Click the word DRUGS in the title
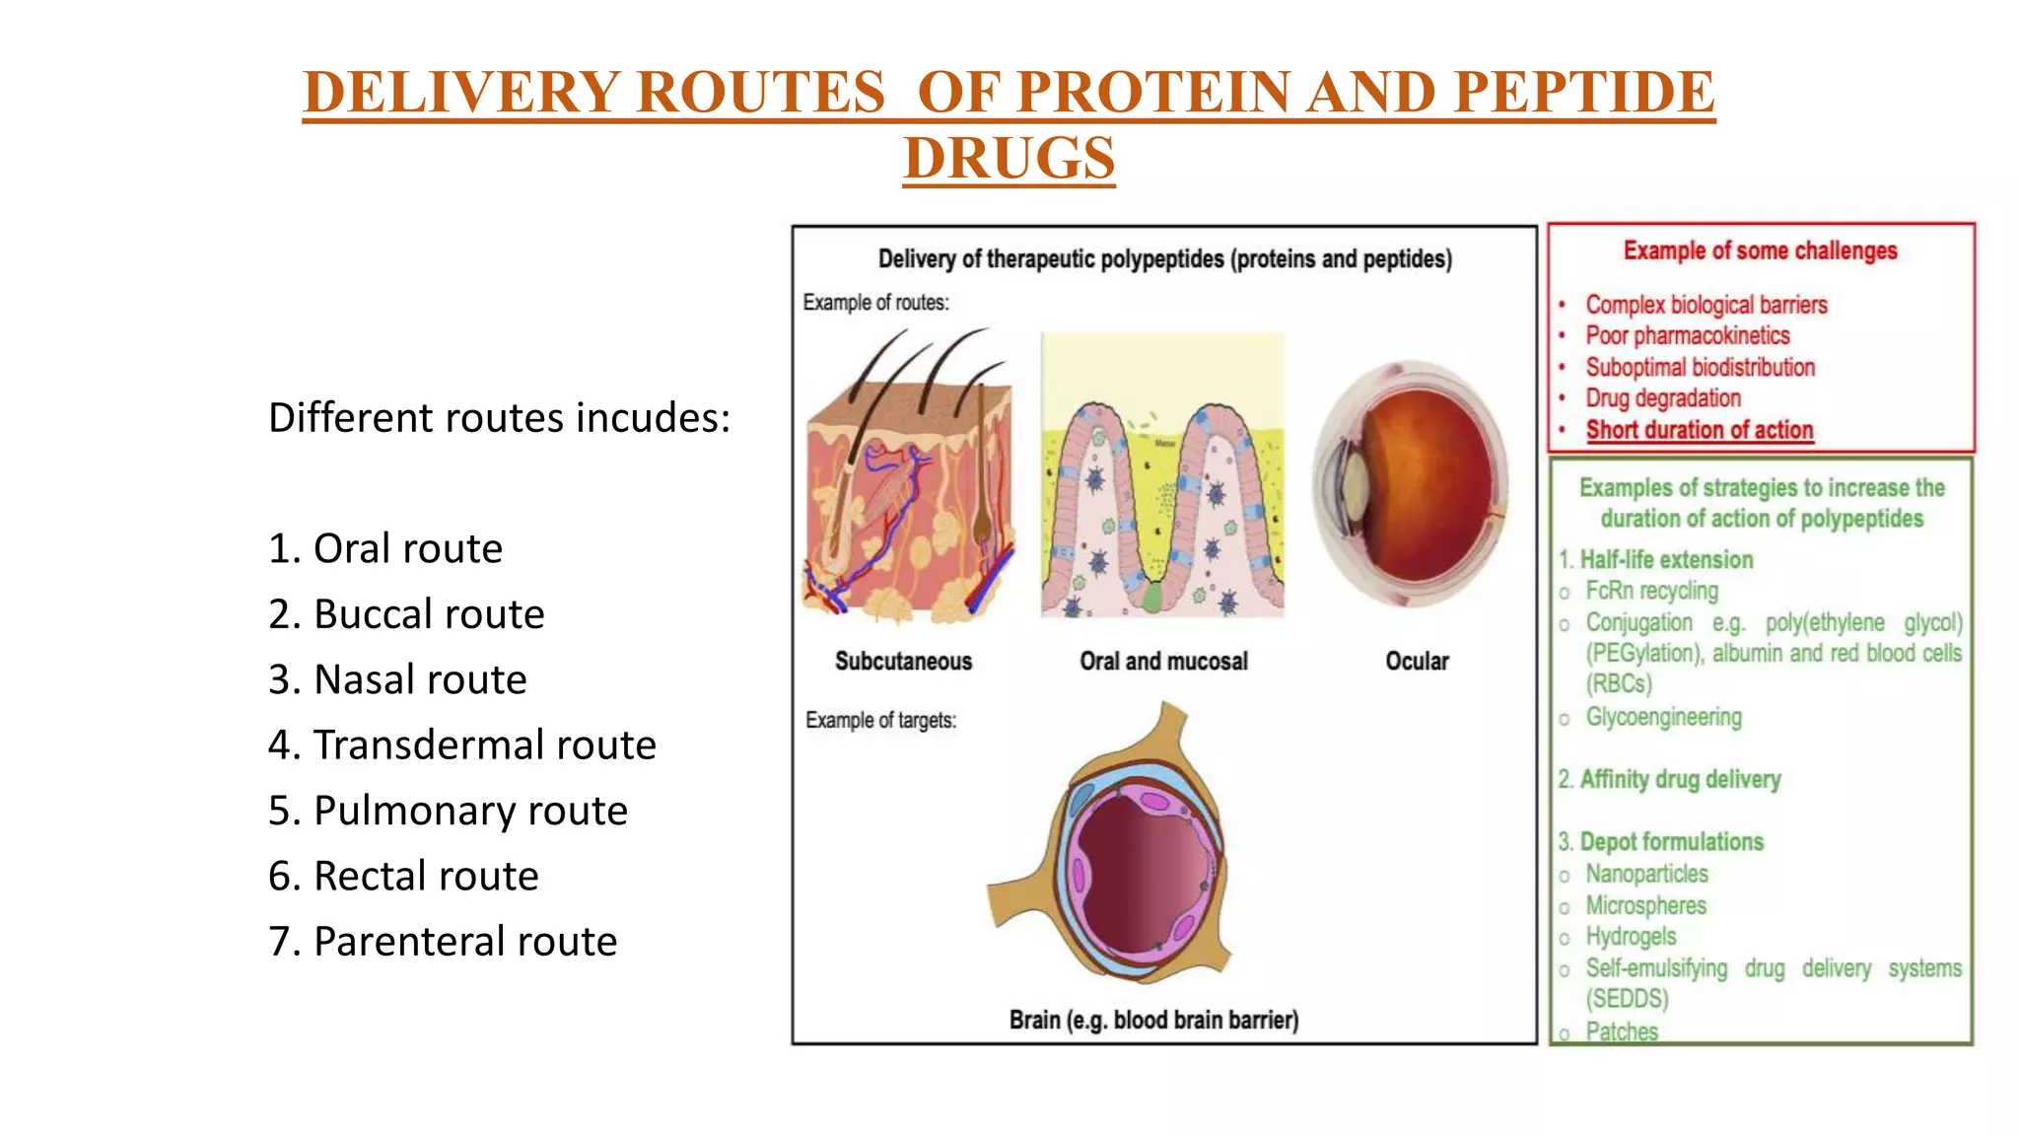pyautogui.click(x=1009, y=158)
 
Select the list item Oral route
pyautogui.click(x=385, y=548)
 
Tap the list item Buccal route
pyautogui.click(x=406, y=614)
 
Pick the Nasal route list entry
pyautogui.click(x=397, y=679)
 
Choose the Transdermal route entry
pyautogui.click(x=461, y=745)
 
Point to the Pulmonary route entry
pyautogui.click(x=448, y=811)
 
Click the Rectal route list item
pyautogui.click(x=403, y=876)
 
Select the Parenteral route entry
pyautogui.click(x=443, y=942)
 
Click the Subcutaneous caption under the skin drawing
pyautogui.click(x=903, y=661)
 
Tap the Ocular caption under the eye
pyautogui.click(x=1417, y=661)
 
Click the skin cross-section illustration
pyautogui.click(x=907, y=483)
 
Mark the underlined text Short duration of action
pyautogui.click(x=1700, y=430)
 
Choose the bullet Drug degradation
pyautogui.click(x=1663, y=398)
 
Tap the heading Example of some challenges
pyautogui.click(x=1760, y=250)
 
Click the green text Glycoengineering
pyautogui.click(x=1663, y=717)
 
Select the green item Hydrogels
pyautogui.click(x=1631, y=936)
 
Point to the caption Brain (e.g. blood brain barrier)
pyautogui.click(x=1153, y=1020)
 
